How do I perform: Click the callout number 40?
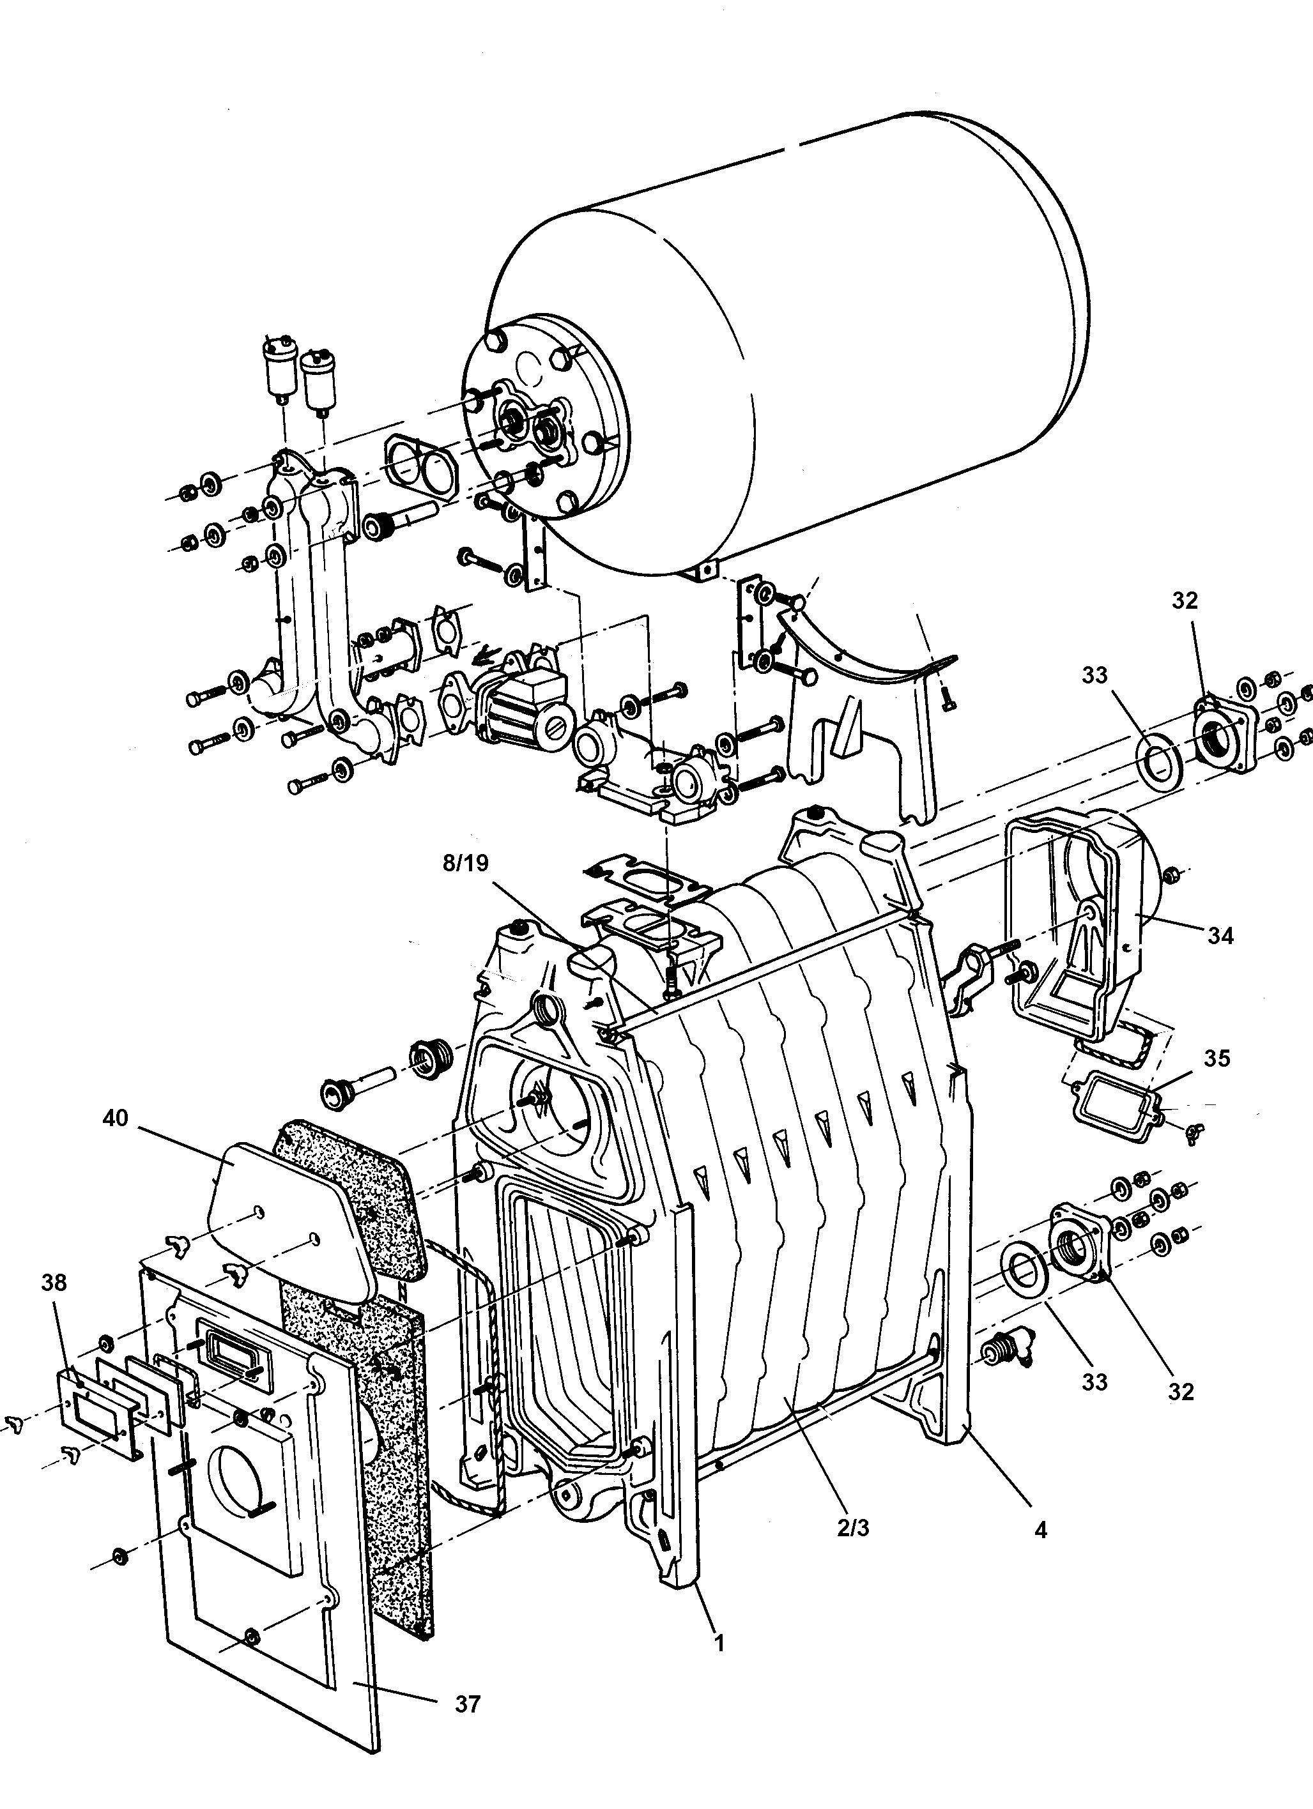(115, 1119)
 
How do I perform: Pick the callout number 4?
(1040, 1530)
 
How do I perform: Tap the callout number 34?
(1220, 936)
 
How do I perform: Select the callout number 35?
(1217, 1058)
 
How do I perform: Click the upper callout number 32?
(1185, 602)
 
